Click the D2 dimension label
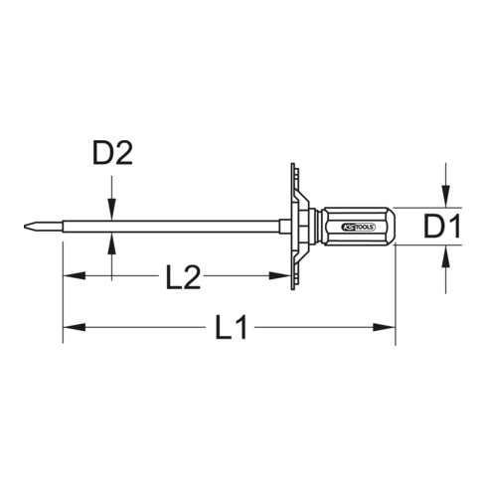click(112, 155)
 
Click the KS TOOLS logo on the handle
click(355, 228)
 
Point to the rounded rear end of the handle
click(392, 228)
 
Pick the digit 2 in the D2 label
click(123, 155)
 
